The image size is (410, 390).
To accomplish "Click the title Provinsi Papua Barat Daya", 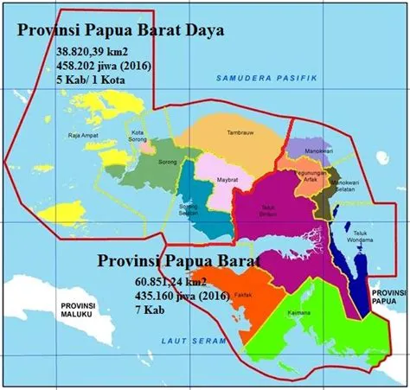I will (x=121, y=31).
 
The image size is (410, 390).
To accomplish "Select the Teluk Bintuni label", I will (x=275, y=211).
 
